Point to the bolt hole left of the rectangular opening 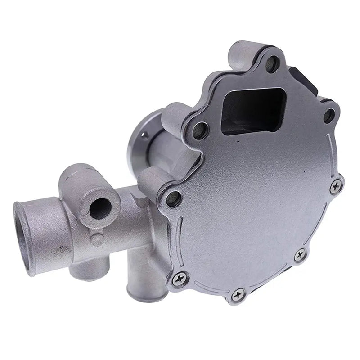point(199,130)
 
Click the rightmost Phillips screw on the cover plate point(335,186)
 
